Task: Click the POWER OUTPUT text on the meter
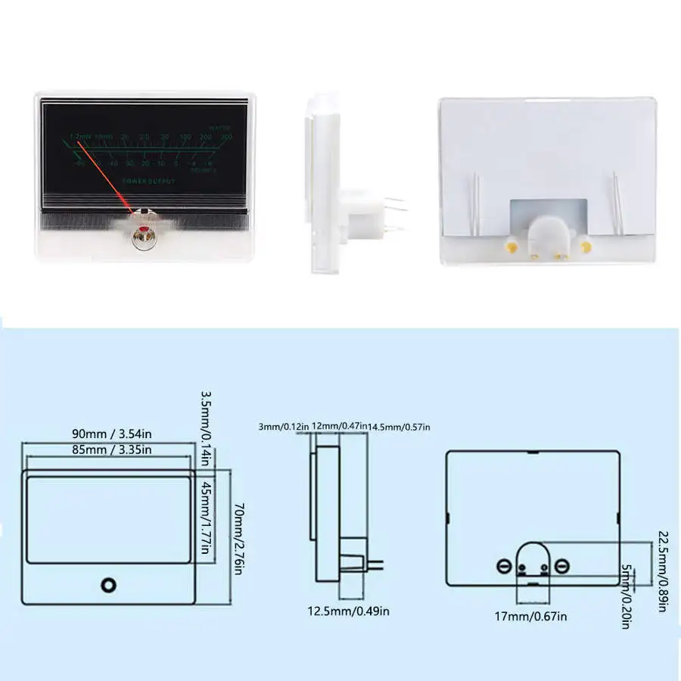pos(148,182)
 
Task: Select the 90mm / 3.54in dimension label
pos(112,434)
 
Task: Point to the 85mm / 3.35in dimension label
pos(112,449)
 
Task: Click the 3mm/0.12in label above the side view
pos(284,428)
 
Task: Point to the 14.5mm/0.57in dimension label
pos(399,428)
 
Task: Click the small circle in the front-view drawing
pos(110,585)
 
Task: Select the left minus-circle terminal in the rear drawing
pos(504,566)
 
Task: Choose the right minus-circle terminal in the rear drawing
pos(561,566)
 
